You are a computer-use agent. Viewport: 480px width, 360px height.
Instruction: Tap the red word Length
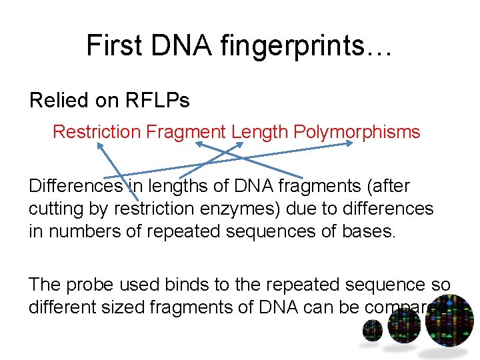pos(259,132)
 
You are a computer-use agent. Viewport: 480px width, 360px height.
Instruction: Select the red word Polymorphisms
pos(356,132)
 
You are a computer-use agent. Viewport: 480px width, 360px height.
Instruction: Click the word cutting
pos(55,209)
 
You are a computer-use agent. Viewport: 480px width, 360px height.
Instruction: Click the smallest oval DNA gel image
pos(373,330)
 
